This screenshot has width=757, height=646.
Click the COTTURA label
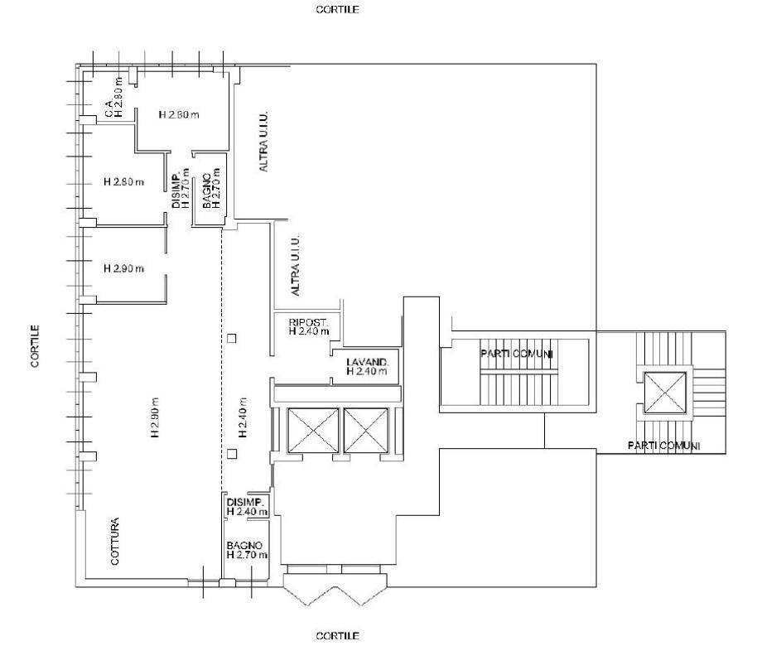coord(115,541)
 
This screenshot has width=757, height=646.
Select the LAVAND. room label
coord(368,362)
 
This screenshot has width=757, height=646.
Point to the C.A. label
coord(109,108)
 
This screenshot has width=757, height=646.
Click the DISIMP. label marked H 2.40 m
coord(245,502)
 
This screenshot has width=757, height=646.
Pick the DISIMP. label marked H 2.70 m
coord(176,188)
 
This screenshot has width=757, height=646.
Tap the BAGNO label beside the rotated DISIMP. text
coord(206,190)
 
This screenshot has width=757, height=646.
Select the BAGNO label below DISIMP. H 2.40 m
coord(245,546)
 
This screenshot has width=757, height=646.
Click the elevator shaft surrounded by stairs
coord(665,393)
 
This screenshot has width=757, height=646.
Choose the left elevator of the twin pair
coord(313,430)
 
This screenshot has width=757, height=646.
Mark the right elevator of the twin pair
coord(366,430)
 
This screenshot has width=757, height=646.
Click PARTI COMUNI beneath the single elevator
coord(663,446)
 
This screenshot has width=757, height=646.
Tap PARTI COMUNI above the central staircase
coord(517,354)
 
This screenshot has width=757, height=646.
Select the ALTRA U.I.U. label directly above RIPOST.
coord(296,265)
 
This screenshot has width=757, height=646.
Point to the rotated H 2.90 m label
coord(155,417)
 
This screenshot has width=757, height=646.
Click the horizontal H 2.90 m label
coord(124,268)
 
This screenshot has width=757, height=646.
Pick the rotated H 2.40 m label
coord(243,417)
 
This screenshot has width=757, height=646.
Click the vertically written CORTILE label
coord(36,345)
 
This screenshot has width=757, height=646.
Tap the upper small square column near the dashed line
coord(232,339)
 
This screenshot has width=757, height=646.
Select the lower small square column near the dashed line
coord(232,454)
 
